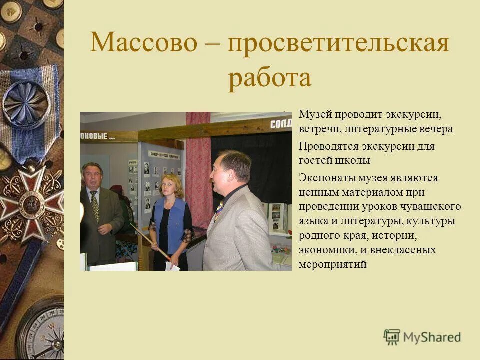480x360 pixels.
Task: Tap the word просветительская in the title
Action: click(x=338, y=43)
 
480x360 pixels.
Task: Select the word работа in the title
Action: click(x=270, y=78)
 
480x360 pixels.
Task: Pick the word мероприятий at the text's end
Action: click(x=332, y=264)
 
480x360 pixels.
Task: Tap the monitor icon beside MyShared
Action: click(x=391, y=337)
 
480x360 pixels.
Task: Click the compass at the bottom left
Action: click(x=42, y=330)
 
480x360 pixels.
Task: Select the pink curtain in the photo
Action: click(x=198, y=170)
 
